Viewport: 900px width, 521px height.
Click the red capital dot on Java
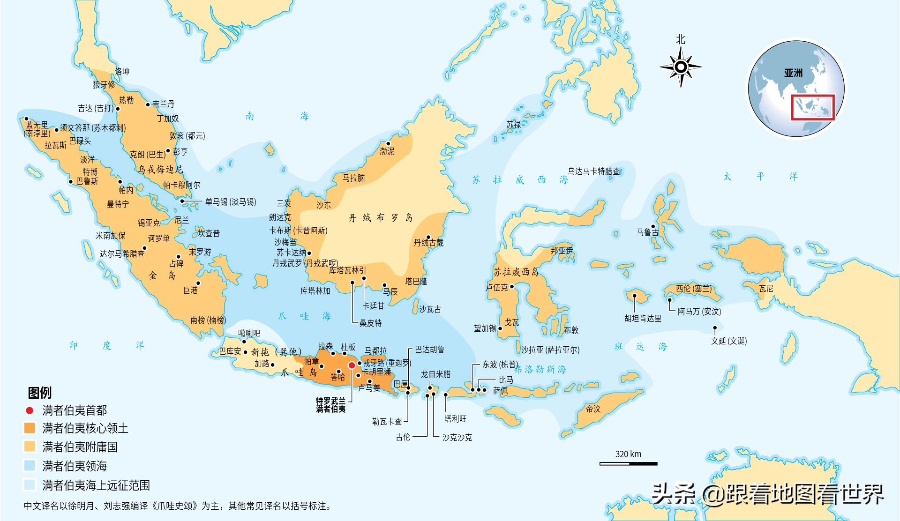click(x=352, y=365)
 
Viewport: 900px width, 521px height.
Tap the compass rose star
click(x=681, y=67)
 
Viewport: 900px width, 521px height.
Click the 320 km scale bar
click(x=628, y=463)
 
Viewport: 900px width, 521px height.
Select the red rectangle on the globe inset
click(x=813, y=107)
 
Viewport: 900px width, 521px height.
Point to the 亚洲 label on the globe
click(x=793, y=73)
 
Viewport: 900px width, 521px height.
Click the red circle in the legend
click(x=30, y=411)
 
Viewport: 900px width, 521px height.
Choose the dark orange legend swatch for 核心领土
click(x=30, y=428)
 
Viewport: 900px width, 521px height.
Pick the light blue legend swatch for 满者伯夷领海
click(x=30, y=466)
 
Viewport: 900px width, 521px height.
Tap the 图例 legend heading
click(x=40, y=393)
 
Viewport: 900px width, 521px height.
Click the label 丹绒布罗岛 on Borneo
click(x=381, y=218)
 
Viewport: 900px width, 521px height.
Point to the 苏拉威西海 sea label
click(x=520, y=180)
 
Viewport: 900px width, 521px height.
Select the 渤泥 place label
click(x=387, y=151)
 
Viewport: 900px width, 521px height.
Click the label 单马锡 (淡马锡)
click(x=231, y=202)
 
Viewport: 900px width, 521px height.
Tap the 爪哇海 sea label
click(x=304, y=316)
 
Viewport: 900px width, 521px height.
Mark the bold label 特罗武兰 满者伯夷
click(x=331, y=405)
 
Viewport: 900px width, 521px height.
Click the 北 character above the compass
click(x=681, y=40)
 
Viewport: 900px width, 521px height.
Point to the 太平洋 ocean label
click(x=760, y=177)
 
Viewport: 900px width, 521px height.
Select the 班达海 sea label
click(x=640, y=347)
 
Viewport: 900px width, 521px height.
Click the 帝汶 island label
click(x=593, y=409)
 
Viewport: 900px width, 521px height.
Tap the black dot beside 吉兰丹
click(x=149, y=104)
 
